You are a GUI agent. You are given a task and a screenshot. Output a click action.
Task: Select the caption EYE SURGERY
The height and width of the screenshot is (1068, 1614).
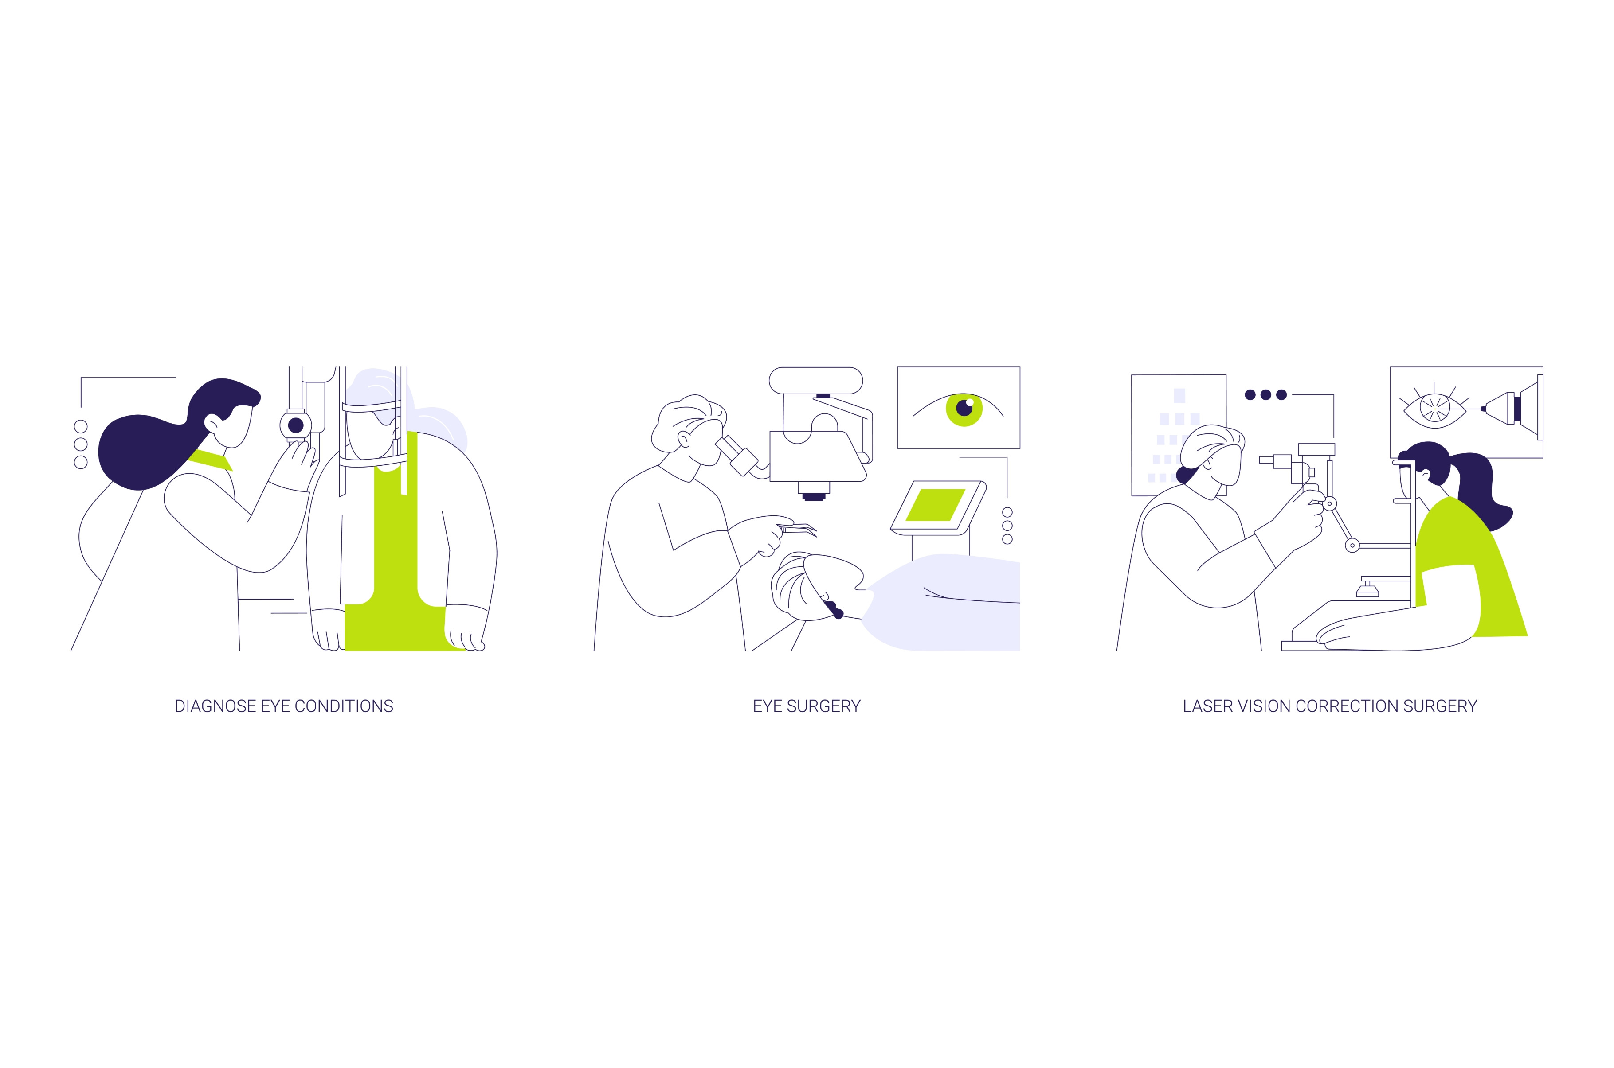tap(807, 706)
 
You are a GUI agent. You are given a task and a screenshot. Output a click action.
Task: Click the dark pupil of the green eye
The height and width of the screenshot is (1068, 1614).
tap(964, 408)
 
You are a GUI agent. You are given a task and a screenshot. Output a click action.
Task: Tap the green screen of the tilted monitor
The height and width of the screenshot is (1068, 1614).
tap(935, 505)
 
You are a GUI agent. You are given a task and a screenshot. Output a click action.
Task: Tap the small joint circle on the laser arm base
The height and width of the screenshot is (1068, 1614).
tap(1352, 546)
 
